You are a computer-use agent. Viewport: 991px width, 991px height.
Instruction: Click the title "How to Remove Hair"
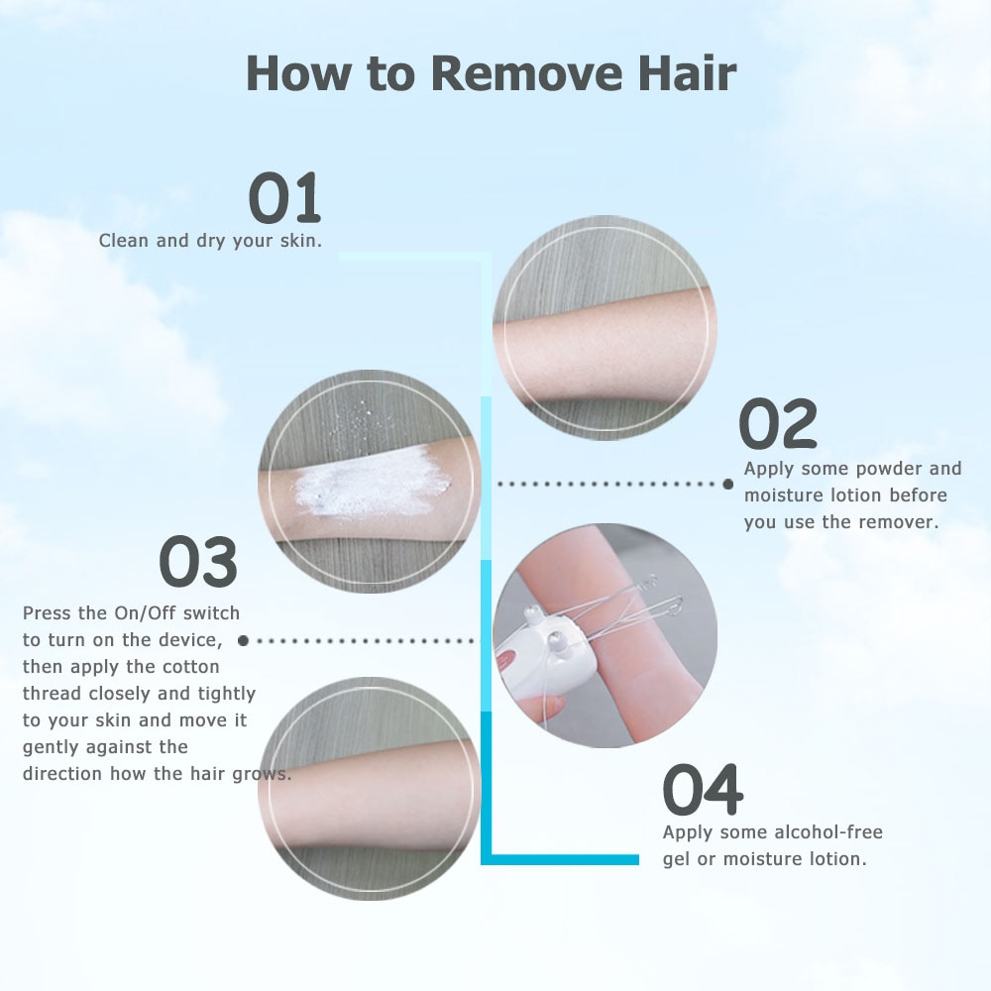coord(491,74)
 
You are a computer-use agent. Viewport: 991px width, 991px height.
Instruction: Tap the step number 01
coord(284,198)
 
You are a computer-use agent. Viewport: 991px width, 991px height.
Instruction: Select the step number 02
coord(778,425)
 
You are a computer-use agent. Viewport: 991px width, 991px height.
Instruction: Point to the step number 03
coord(198,562)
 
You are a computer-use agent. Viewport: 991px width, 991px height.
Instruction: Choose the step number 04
coord(703,790)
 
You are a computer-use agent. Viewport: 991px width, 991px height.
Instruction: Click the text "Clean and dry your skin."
coord(210,241)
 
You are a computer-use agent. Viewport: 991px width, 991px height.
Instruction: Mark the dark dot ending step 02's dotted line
coord(727,484)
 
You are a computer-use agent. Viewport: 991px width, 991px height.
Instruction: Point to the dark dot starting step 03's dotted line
coord(243,641)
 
